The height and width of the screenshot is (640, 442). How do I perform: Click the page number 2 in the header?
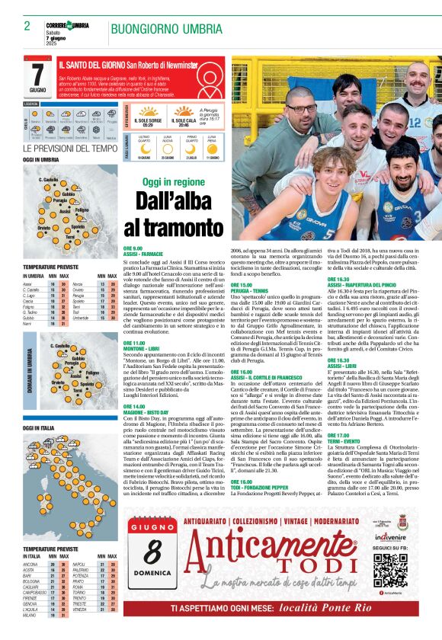[27, 26]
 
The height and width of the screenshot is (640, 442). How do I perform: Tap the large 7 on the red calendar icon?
[37, 73]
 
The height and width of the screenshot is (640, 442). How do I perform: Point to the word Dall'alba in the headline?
[175, 202]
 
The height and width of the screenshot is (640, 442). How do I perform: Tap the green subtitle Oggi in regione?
[174, 183]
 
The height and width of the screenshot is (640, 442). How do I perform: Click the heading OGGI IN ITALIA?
[38, 429]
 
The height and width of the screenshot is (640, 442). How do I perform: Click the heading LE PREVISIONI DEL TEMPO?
[70, 149]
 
